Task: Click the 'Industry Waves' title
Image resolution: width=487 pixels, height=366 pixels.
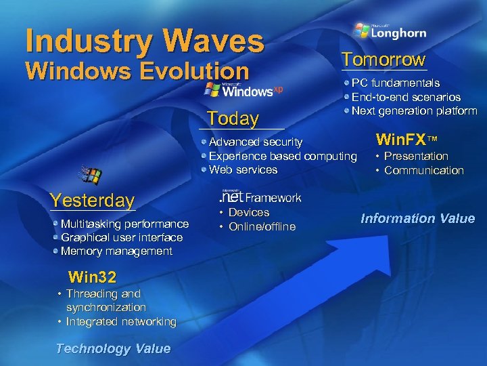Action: pyautogui.click(x=144, y=40)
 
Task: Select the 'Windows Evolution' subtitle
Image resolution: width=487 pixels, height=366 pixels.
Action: pyautogui.click(x=137, y=71)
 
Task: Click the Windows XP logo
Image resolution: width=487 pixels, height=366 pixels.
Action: pyautogui.click(x=244, y=90)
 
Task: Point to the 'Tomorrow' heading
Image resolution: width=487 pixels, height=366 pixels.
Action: pyautogui.click(x=384, y=60)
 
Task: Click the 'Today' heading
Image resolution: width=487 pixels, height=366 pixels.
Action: pyautogui.click(x=233, y=119)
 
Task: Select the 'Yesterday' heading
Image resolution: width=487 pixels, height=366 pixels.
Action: pyautogui.click(x=93, y=200)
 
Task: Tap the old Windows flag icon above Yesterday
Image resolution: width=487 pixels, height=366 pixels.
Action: pyautogui.click(x=90, y=176)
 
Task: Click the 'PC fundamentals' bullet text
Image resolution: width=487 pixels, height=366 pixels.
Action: pyautogui.click(x=396, y=83)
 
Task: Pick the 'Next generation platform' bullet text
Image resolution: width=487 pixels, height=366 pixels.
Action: pyautogui.click(x=414, y=110)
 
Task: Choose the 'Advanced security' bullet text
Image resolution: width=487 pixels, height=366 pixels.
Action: pyautogui.click(x=256, y=142)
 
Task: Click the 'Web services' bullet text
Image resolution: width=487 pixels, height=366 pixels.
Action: pyautogui.click(x=243, y=169)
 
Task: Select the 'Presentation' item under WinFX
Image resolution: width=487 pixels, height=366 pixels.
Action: pyautogui.click(x=416, y=156)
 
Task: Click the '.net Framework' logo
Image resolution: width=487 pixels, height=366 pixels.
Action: pyautogui.click(x=259, y=197)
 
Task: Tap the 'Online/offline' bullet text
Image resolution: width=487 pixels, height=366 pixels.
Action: pyautogui.click(x=262, y=226)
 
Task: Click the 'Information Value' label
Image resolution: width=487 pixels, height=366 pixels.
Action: pyautogui.click(x=417, y=218)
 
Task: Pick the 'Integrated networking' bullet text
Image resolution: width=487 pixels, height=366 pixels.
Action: pyautogui.click(x=121, y=321)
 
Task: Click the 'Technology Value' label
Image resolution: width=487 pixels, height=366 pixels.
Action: pyautogui.click(x=113, y=348)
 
